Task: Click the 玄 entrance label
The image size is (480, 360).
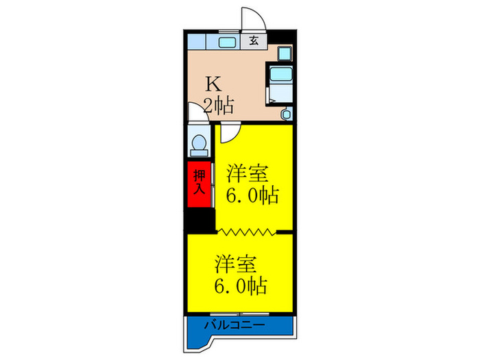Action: coord(253,40)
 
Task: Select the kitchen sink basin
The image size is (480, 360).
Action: coord(226,42)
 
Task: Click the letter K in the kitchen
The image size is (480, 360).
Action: coord(214,84)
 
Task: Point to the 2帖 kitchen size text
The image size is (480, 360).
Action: coord(219,106)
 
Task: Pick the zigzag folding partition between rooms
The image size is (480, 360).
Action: coord(247,232)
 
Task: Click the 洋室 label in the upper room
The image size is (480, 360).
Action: coord(248,171)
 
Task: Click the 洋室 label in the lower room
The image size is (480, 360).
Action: coord(236,262)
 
